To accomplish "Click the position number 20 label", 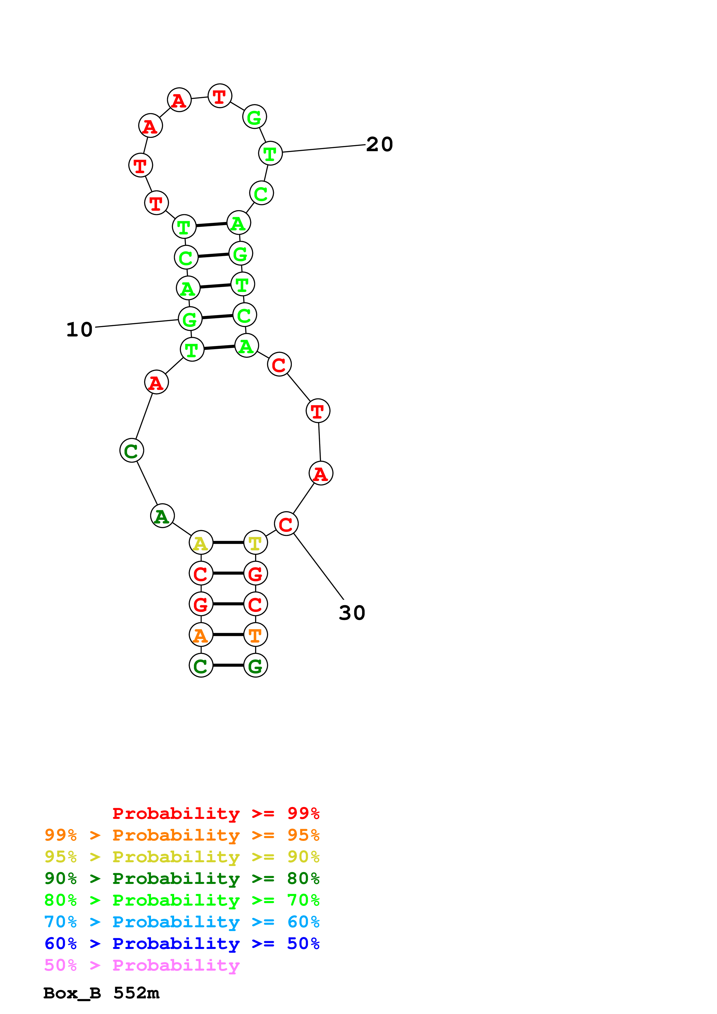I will (x=379, y=145).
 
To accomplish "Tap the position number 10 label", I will (x=80, y=330).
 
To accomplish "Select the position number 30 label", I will (x=352, y=613).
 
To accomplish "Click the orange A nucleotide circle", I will (x=201, y=635).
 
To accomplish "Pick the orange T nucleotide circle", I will (x=255, y=635).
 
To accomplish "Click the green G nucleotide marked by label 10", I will (x=190, y=319).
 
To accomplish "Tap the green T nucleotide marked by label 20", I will (x=270, y=153).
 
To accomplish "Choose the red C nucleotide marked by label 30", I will (x=286, y=524).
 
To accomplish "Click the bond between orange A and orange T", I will (x=228, y=635).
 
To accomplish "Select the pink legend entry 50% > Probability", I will (x=141, y=965).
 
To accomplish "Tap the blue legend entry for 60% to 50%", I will (x=182, y=943).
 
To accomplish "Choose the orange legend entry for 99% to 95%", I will (x=182, y=835).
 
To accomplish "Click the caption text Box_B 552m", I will (x=101, y=993).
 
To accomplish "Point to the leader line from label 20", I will (x=324, y=148).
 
